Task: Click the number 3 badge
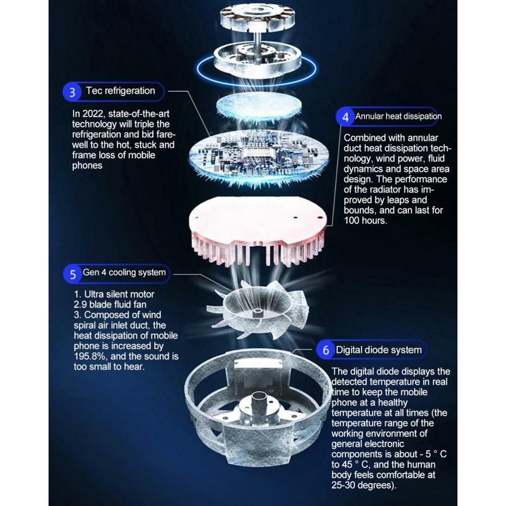(72, 92)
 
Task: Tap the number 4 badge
(345, 116)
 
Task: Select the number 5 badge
(73, 274)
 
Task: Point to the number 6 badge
(326, 349)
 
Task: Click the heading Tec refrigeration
(120, 90)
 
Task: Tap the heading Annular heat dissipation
(398, 116)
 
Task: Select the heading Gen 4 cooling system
(124, 272)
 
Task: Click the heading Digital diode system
(379, 350)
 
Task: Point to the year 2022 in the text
(94, 114)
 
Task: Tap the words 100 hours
(365, 221)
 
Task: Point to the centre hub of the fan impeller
(257, 312)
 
